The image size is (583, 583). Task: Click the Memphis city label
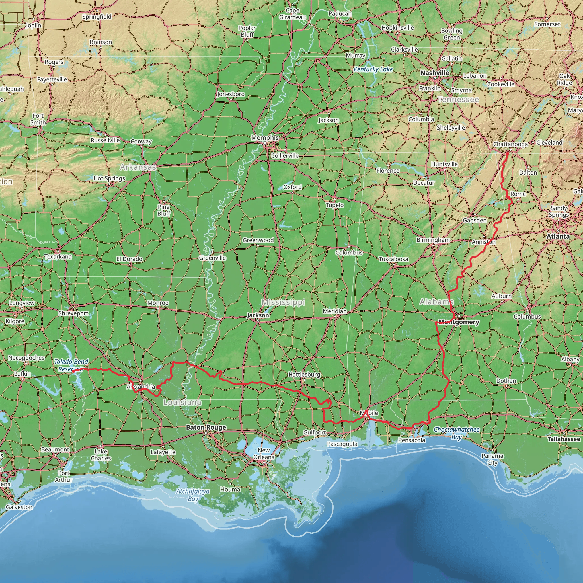(265, 137)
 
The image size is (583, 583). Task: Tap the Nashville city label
(434, 73)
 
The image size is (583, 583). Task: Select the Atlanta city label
(558, 236)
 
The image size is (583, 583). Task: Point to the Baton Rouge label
(206, 427)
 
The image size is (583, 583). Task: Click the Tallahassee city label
(563, 439)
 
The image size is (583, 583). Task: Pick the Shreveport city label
(73, 313)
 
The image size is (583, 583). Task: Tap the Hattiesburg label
(304, 375)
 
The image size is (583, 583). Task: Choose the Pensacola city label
(412, 440)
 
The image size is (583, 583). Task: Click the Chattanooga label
(510, 144)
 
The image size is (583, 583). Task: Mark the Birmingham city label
(433, 240)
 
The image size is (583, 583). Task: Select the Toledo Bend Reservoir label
(71, 366)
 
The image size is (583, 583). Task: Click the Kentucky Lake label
(373, 69)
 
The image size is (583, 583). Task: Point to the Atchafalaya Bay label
(193, 495)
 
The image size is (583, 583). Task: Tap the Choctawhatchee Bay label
(456, 433)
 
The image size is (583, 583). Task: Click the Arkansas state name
(138, 167)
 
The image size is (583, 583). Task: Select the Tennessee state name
(458, 99)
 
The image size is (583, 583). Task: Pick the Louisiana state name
(182, 402)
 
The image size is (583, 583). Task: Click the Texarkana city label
(58, 256)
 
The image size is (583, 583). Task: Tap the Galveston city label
(19, 507)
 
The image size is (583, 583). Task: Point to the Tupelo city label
(335, 205)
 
